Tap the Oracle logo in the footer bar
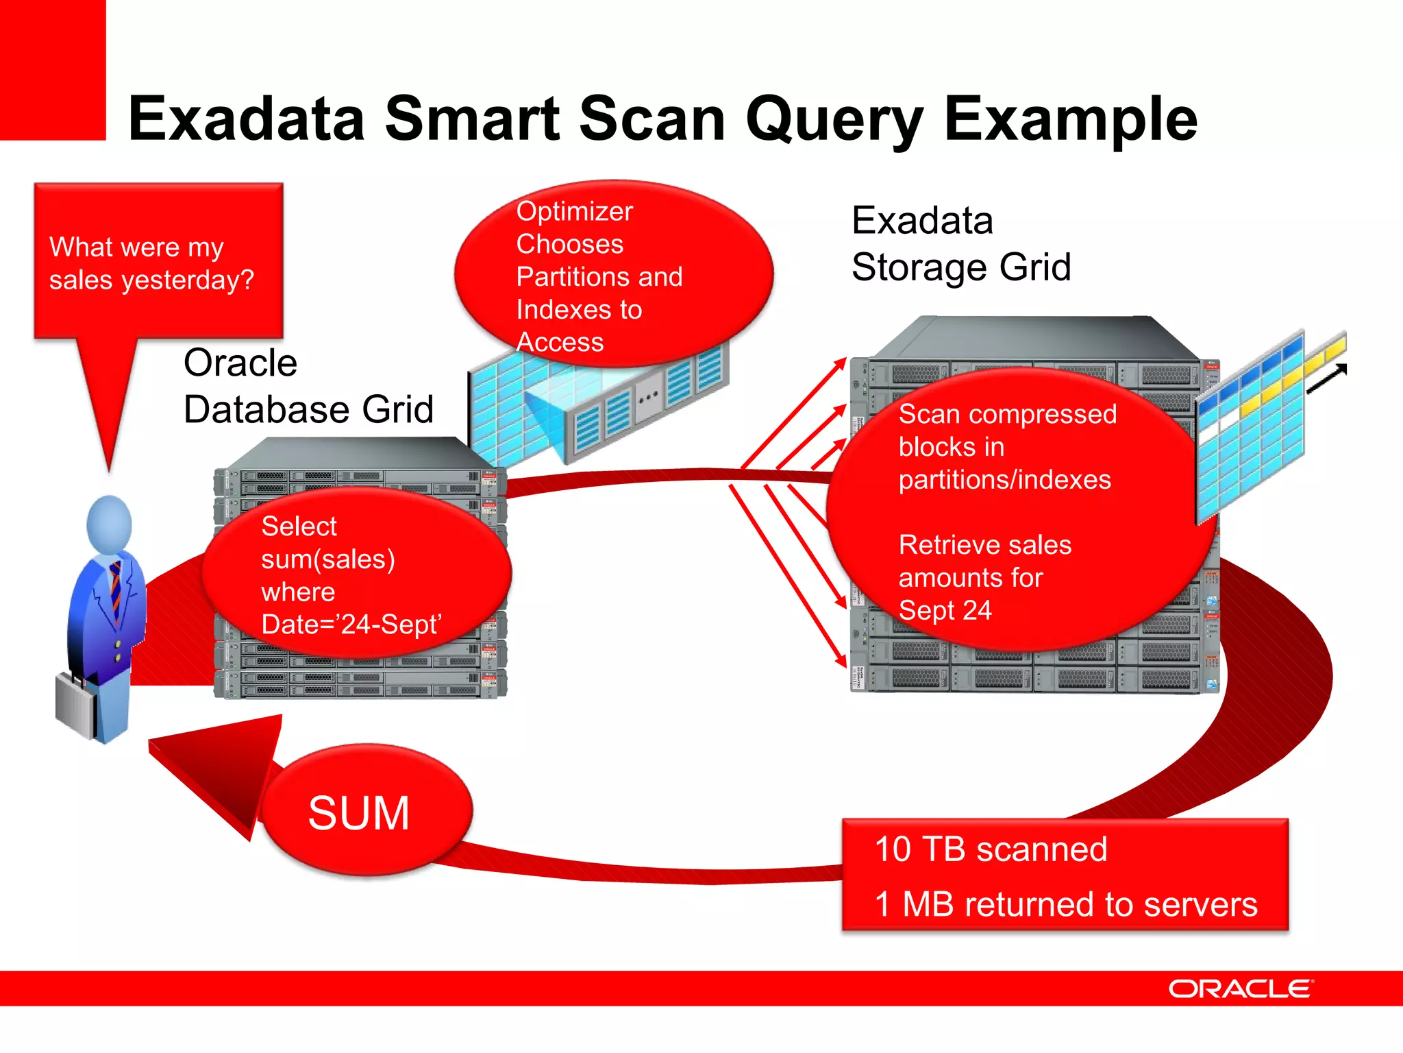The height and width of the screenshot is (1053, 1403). click(x=1240, y=989)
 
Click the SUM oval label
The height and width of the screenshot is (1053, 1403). click(x=359, y=814)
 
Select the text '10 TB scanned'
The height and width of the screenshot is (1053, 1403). click(x=991, y=849)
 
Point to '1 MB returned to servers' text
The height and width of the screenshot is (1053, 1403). click(x=1066, y=904)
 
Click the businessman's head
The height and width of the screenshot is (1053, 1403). click(x=110, y=524)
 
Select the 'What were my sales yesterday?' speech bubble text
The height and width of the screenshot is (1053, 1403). click(x=151, y=263)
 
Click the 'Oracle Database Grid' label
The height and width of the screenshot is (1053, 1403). click(x=308, y=386)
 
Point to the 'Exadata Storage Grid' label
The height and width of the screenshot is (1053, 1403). click(x=960, y=244)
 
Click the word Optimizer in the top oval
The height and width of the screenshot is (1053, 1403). click(x=574, y=211)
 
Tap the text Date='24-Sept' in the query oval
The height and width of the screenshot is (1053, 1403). click(x=351, y=625)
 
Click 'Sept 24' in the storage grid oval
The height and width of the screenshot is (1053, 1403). click(x=945, y=610)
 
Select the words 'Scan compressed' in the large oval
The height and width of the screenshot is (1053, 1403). click(x=1007, y=414)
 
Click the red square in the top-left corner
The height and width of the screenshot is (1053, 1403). click(x=52, y=69)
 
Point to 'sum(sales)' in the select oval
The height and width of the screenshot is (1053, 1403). click(x=327, y=559)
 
